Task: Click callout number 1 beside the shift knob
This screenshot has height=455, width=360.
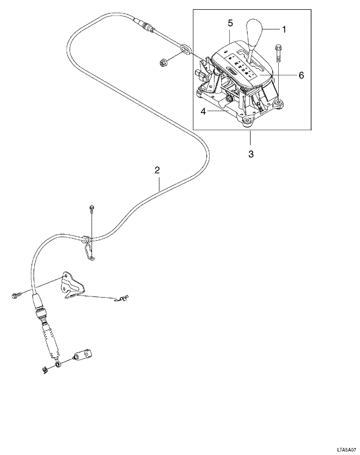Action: (284, 30)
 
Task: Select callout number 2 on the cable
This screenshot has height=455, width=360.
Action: (157, 169)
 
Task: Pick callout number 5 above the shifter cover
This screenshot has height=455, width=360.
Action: (230, 23)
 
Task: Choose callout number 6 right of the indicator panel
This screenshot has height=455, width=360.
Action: (301, 75)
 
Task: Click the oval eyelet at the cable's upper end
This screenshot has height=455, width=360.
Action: (185, 50)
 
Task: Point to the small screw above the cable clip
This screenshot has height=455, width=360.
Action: (91, 208)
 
